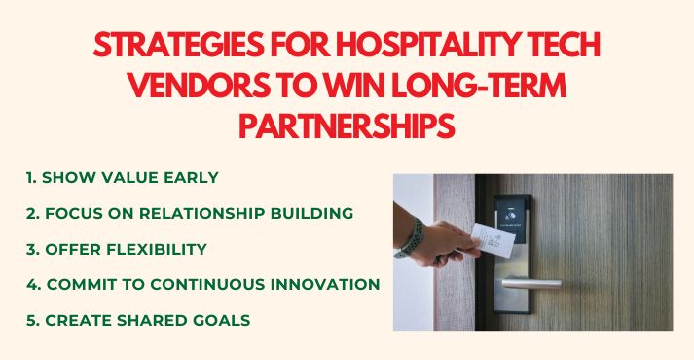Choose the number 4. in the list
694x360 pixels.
(x=33, y=284)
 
